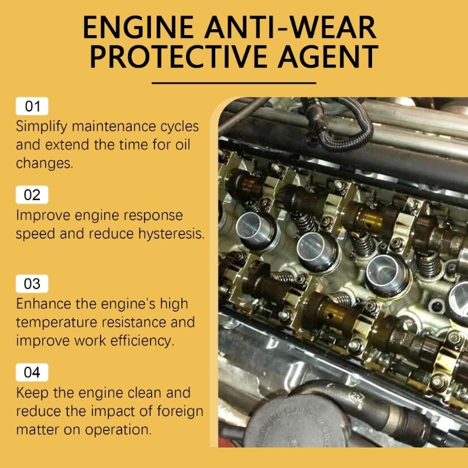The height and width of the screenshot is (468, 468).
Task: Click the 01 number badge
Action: (x=32, y=106)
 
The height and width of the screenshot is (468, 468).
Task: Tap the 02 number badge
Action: (x=32, y=195)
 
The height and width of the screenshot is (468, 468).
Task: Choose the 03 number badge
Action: (x=32, y=284)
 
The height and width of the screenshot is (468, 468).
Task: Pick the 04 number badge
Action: (x=32, y=372)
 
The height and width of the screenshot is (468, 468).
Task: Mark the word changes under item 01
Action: (x=44, y=163)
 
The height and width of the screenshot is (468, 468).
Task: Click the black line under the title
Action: (x=233, y=82)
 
